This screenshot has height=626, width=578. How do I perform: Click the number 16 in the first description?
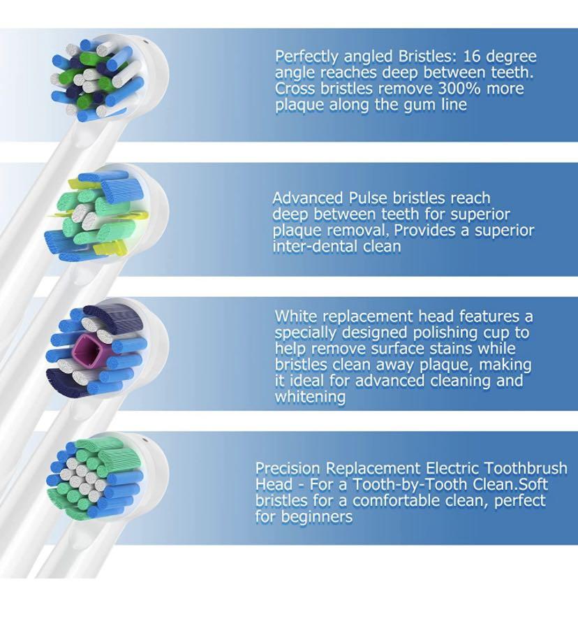tap(472, 57)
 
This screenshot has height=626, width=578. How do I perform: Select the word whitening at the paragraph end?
tap(310, 397)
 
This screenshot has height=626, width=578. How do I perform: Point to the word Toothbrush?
tap(526, 468)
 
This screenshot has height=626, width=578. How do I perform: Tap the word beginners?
tap(317, 517)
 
